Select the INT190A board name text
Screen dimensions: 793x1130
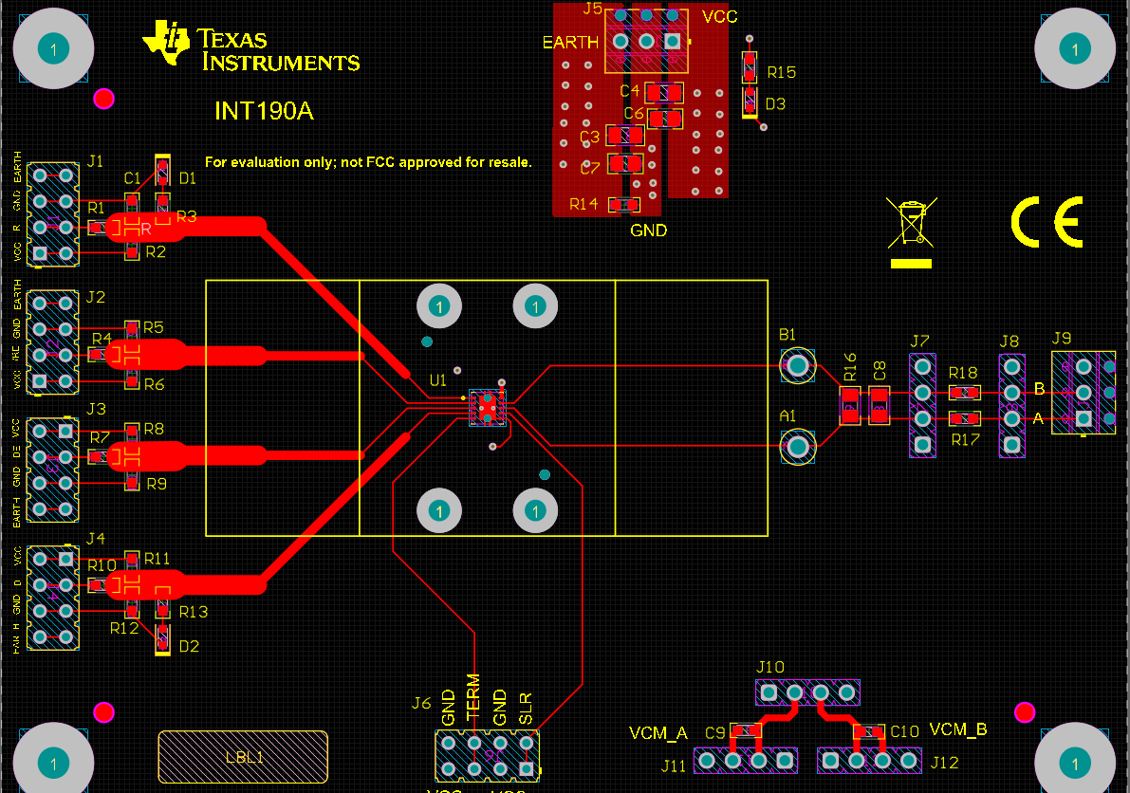pos(264,111)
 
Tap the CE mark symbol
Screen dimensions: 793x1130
pos(1047,223)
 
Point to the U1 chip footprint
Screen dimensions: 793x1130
pos(488,406)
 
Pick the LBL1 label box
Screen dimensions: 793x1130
pos(243,757)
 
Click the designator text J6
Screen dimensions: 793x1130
pos(421,704)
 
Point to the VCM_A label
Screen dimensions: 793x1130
pos(658,733)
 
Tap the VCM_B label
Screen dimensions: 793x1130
pos(958,729)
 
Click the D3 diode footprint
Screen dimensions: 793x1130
pos(749,98)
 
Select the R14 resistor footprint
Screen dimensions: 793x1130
pos(624,204)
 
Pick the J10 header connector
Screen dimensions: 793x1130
pos(807,692)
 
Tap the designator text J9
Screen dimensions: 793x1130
pos(1062,339)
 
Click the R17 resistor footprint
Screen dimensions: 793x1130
pos(965,418)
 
